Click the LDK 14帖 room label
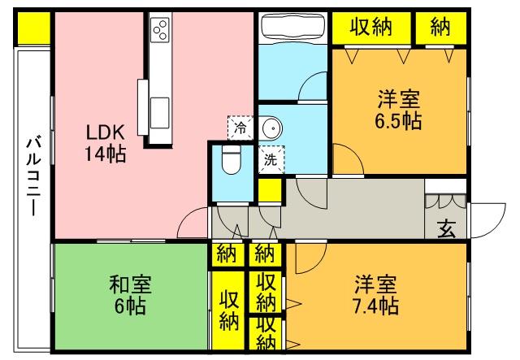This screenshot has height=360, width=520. pyautogui.click(x=106, y=142)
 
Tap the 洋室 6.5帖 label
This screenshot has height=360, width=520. pyautogui.click(x=398, y=111)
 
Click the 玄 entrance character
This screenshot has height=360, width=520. pyautogui.click(x=447, y=229)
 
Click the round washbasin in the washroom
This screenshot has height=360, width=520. pyautogui.click(x=273, y=128)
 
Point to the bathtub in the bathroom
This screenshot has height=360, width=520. pyautogui.click(x=292, y=28)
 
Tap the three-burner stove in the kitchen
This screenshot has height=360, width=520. pyautogui.click(x=160, y=31)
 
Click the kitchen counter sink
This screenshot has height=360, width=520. pyautogui.click(x=159, y=106)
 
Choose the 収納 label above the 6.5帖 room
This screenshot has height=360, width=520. pyautogui.click(x=371, y=28)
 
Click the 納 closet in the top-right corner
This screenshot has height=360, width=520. pyautogui.click(x=440, y=28)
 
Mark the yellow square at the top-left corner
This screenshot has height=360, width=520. pyautogui.click(x=32, y=28)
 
